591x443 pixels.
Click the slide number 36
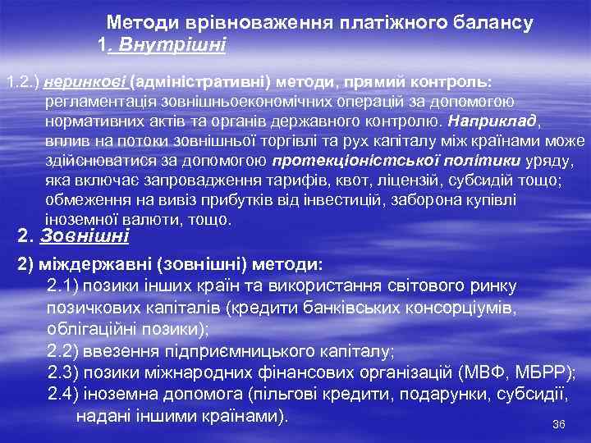point(560,424)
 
